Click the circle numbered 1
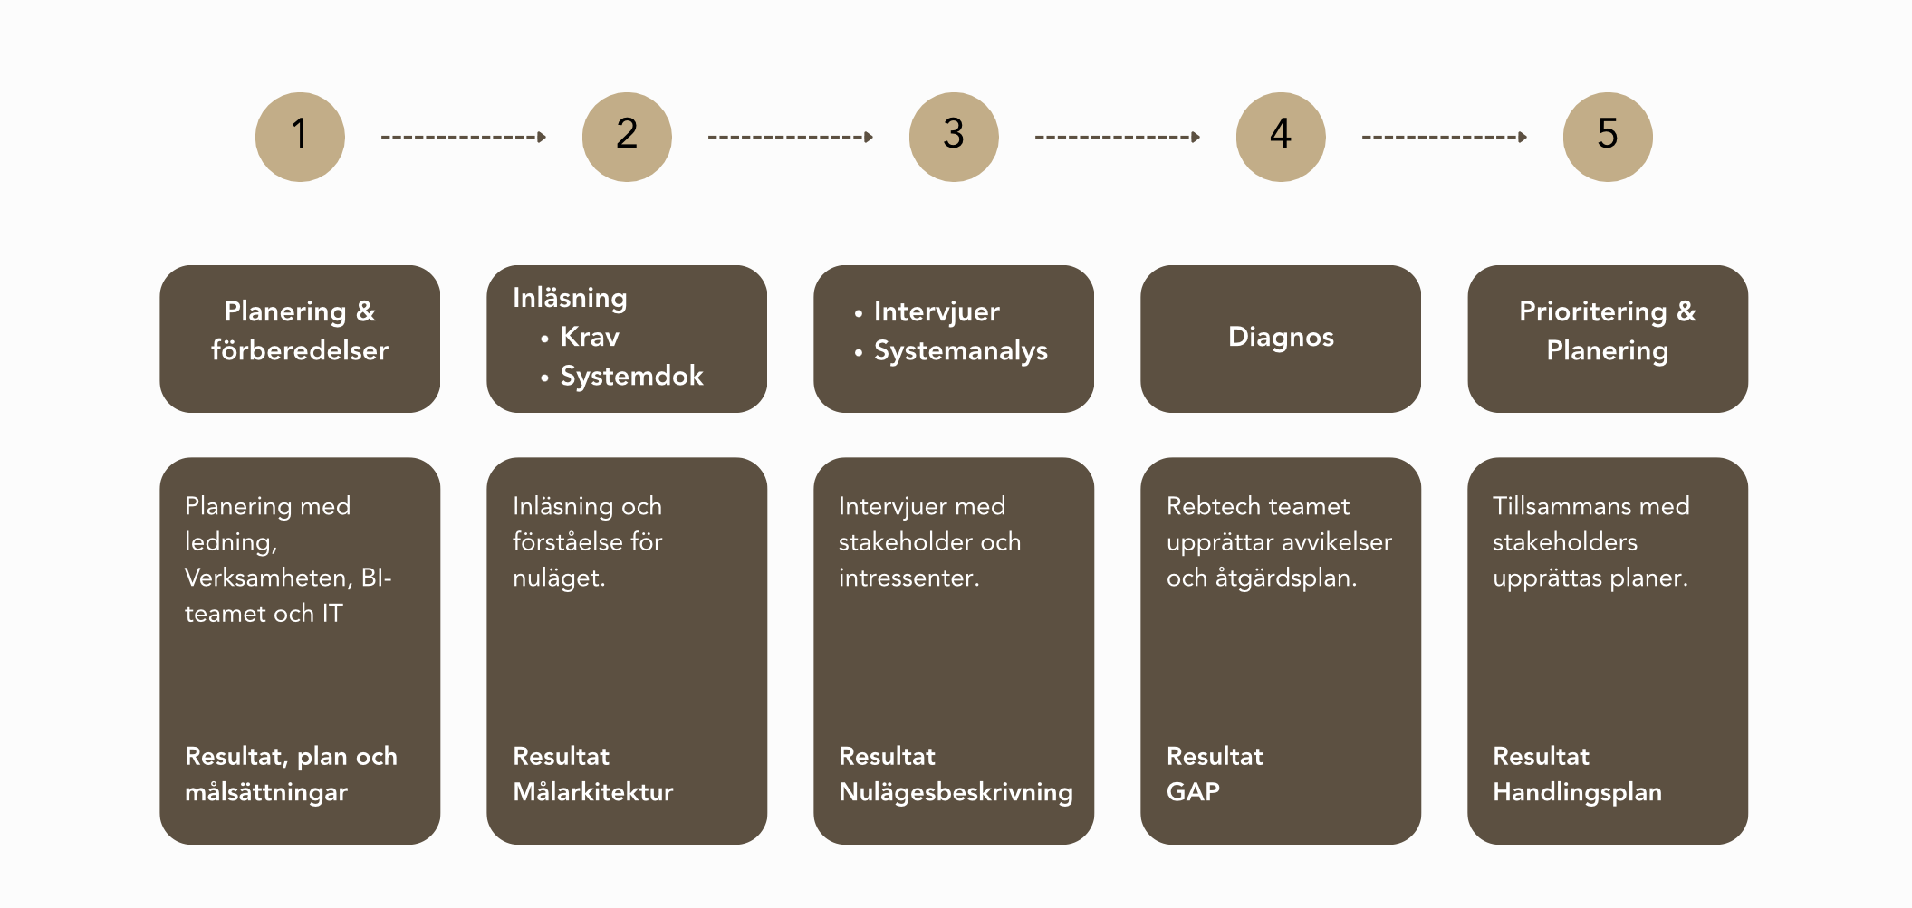click(300, 137)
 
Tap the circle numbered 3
click(954, 137)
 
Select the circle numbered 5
click(1608, 137)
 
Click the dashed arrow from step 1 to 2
click(463, 137)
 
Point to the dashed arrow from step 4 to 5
click(1444, 137)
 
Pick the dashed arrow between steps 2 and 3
click(790, 137)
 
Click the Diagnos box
click(1281, 338)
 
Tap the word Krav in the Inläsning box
click(590, 337)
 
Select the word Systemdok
click(631, 376)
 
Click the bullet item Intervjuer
click(937, 311)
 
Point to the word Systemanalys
click(960, 351)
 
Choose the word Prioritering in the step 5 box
click(1592, 311)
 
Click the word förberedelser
click(300, 350)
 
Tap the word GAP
click(1193, 792)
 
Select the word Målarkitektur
click(593, 792)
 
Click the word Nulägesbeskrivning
click(956, 792)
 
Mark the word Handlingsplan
click(1577, 792)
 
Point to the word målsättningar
click(266, 792)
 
